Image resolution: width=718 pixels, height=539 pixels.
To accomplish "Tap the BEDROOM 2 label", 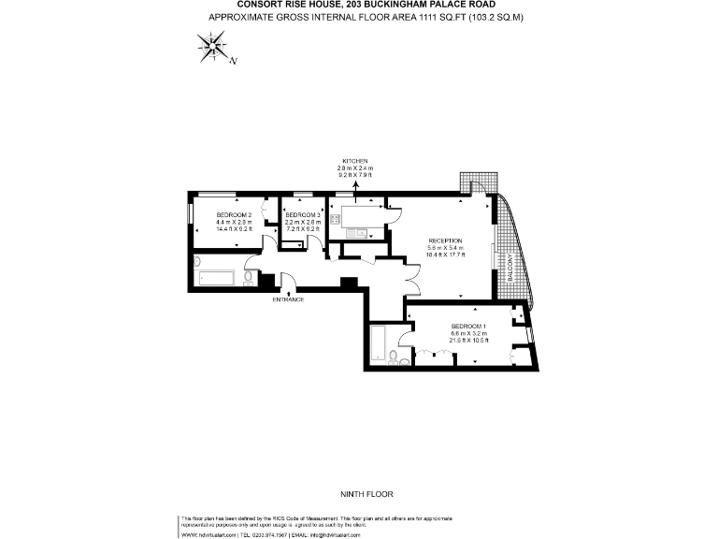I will coord(208,216).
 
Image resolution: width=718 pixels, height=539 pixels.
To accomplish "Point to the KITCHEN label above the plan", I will coord(355,161).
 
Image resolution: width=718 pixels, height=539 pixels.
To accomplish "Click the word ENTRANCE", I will coord(289,299).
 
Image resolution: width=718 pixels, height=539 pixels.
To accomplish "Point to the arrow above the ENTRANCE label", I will coord(288,291).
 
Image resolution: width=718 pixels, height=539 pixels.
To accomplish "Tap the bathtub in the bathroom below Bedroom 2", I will coord(218,277).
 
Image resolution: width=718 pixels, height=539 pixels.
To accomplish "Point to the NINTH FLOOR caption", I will coord(358,492).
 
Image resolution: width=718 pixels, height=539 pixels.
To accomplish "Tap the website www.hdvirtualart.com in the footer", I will coord(208,534).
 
